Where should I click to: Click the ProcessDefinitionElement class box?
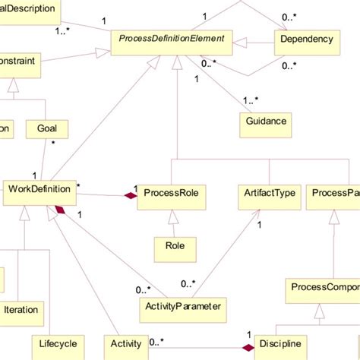click(x=171, y=38)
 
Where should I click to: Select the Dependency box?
click(x=306, y=38)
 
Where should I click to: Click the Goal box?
click(x=46, y=129)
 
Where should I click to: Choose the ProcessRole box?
click(x=171, y=194)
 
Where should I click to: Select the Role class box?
click(x=175, y=245)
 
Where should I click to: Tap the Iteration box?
click(x=21, y=310)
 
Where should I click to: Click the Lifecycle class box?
click(x=54, y=345)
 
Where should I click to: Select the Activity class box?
click(x=125, y=345)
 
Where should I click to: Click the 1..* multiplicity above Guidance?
click(x=251, y=100)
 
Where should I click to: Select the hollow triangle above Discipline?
click(x=319, y=311)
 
